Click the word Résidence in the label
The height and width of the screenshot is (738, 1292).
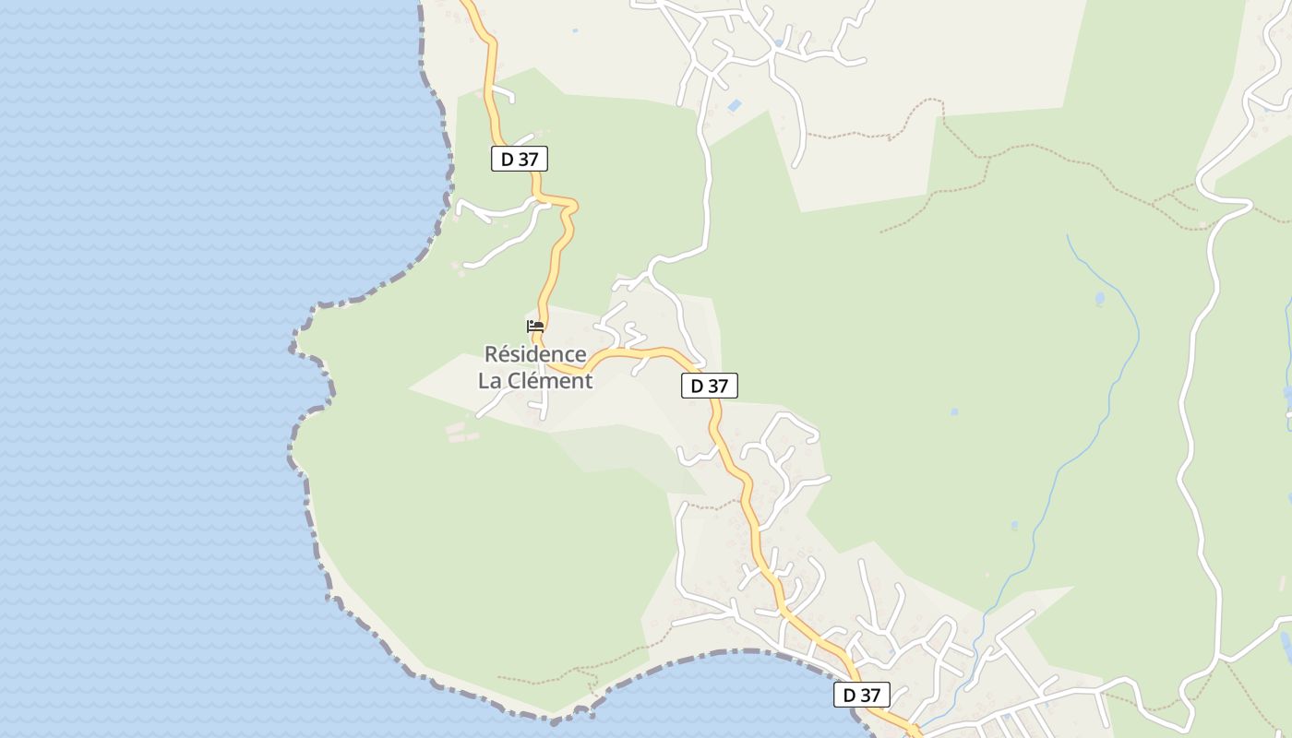[535, 354]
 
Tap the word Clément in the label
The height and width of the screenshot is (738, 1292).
[549, 380]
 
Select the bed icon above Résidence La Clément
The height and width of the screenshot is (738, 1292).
[535, 326]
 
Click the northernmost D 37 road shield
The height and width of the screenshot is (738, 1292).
[519, 159]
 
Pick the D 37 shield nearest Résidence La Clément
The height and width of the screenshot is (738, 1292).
[709, 386]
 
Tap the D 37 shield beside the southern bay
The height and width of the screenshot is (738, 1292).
[861, 695]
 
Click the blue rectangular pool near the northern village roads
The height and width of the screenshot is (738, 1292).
[735, 106]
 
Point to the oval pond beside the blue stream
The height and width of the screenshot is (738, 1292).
[1099, 299]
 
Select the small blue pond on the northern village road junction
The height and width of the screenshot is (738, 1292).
[778, 42]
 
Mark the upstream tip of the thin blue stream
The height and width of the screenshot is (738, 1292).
[1068, 236]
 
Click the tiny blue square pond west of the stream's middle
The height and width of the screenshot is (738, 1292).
[953, 411]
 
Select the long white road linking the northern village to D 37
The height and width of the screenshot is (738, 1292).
[707, 184]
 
